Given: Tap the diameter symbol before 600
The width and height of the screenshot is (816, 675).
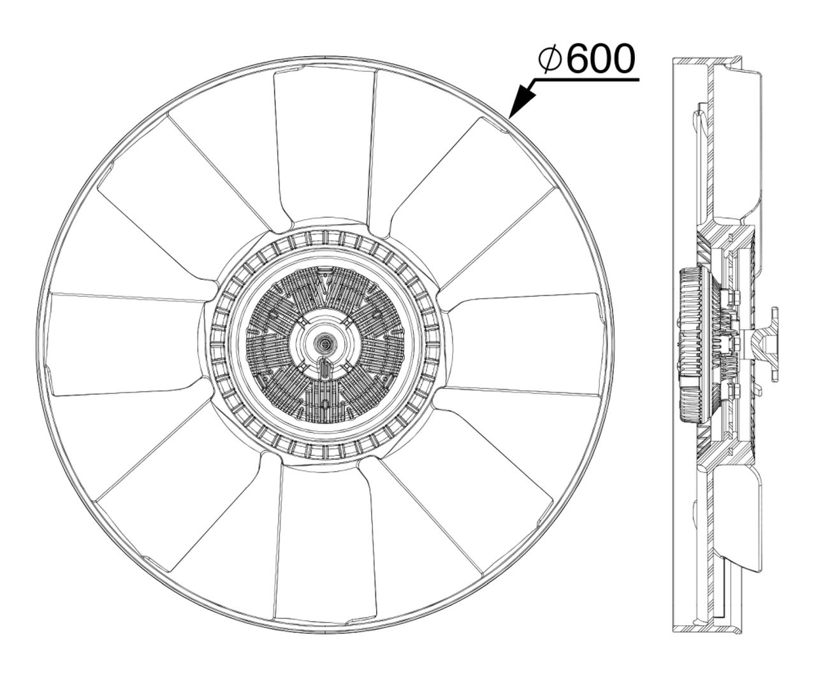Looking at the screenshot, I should point(549,59).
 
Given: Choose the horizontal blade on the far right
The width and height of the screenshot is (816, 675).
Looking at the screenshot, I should point(526,344).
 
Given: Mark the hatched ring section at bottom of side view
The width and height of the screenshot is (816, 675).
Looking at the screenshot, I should point(708,627).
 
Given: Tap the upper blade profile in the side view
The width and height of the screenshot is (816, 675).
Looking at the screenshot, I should point(739,146).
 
